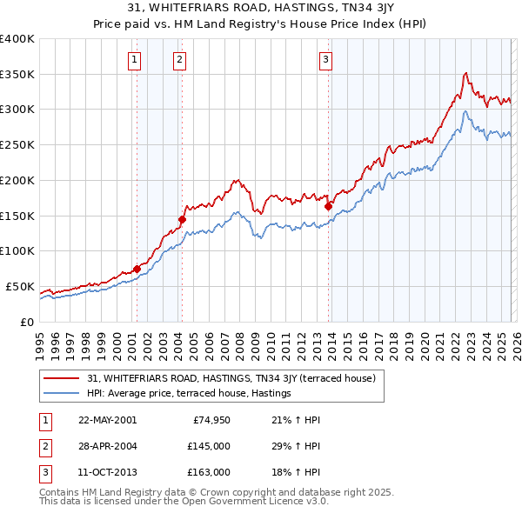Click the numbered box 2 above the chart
point(178,60)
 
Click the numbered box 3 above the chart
point(325,60)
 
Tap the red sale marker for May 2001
point(137,269)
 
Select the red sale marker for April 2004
point(183,220)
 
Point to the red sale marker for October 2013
point(328,206)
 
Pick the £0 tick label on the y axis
point(26,322)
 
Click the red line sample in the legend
point(63,378)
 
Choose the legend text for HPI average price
point(188,394)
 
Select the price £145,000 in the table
point(209,446)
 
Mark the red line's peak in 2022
point(466,73)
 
